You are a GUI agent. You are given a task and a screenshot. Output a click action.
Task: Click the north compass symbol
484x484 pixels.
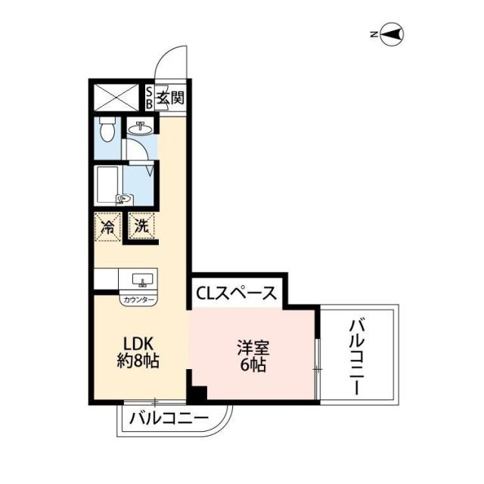(x=392, y=34)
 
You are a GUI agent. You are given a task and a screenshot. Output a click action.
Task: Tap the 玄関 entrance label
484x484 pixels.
(x=170, y=98)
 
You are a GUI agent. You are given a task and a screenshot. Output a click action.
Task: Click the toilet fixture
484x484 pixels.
(x=106, y=131)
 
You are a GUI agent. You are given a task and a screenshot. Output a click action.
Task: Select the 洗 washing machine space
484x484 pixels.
(x=141, y=225)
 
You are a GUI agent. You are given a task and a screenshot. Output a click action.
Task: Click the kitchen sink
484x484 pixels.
(x=141, y=281)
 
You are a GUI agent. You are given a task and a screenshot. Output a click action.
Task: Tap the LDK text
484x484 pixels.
(x=137, y=343)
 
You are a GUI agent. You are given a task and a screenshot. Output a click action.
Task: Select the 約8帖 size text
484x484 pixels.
(x=137, y=361)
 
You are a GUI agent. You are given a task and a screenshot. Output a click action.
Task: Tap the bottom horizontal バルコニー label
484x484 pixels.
(x=169, y=417)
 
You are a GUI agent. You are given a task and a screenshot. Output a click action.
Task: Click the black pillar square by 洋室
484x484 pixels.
(x=197, y=394)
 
